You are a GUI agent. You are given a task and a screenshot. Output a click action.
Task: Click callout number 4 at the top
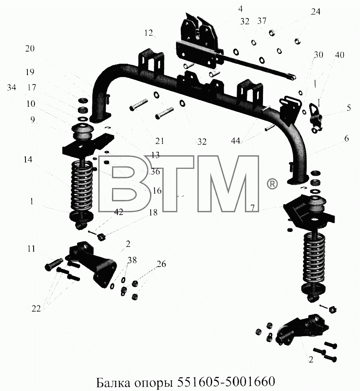point(240,9)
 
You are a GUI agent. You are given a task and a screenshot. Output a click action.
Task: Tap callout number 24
point(315,12)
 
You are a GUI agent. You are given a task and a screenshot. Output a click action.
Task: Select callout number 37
point(262,21)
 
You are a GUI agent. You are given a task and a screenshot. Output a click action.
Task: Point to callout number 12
point(148,33)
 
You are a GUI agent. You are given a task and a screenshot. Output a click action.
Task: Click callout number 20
point(30,48)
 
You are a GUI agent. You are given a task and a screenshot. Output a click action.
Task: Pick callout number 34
point(11,88)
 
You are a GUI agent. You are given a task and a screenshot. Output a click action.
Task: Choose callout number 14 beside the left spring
point(28,160)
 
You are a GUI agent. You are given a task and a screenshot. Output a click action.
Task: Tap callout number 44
point(235,141)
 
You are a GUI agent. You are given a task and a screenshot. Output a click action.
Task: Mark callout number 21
point(160,141)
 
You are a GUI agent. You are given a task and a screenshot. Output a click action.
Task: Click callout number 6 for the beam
point(347,138)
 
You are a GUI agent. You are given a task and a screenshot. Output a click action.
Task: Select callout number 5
point(349,108)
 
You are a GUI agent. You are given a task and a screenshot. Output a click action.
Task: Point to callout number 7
point(253,208)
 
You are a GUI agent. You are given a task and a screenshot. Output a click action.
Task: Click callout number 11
point(31,249)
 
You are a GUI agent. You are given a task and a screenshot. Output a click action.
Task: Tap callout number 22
point(36,309)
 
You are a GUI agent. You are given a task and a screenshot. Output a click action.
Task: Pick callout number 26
point(162,264)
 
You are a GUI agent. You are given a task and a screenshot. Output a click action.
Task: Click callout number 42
point(119,212)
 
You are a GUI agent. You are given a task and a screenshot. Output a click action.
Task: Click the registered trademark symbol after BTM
point(272,183)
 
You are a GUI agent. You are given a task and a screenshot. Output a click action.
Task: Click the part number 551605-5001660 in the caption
point(226,380)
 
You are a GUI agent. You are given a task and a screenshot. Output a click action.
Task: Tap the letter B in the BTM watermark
point(124,183)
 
